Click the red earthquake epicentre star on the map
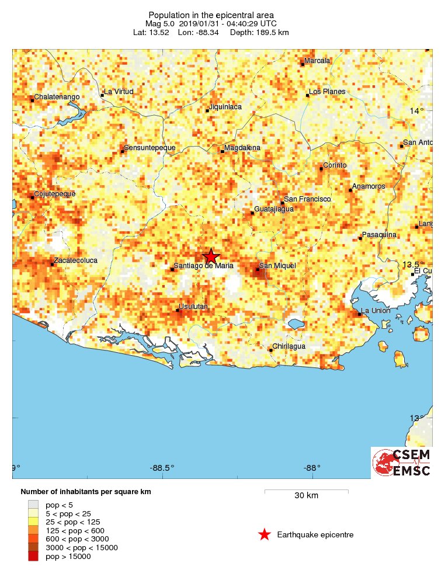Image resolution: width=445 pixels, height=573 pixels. click(x=211, y=256)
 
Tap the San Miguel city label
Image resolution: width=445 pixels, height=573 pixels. click(x=277, y=266)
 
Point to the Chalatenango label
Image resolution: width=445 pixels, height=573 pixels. click(x=57, y=96)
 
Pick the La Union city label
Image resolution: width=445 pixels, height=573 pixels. click(x=376, y=310)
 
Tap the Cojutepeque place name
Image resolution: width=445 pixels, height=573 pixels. click(x=55, y=193)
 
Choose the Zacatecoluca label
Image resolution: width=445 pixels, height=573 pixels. click(x=75, y=261)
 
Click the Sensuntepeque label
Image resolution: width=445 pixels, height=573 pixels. click(x=150, y=148)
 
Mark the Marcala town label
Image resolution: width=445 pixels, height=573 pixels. click(x=318, y=61)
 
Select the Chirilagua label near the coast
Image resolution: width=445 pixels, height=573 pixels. click(x=290, y=346)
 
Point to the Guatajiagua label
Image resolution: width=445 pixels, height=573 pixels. click(x=274, y=209)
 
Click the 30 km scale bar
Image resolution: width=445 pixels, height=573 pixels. click(x=306, y=491)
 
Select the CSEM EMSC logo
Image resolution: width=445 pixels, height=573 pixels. click(x=402, y=463)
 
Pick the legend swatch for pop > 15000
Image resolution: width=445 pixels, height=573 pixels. click(x=33, y=557)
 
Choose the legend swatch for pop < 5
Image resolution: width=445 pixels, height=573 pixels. click(x=33, y=504)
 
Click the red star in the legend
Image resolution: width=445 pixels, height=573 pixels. click(x=265, y=534)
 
